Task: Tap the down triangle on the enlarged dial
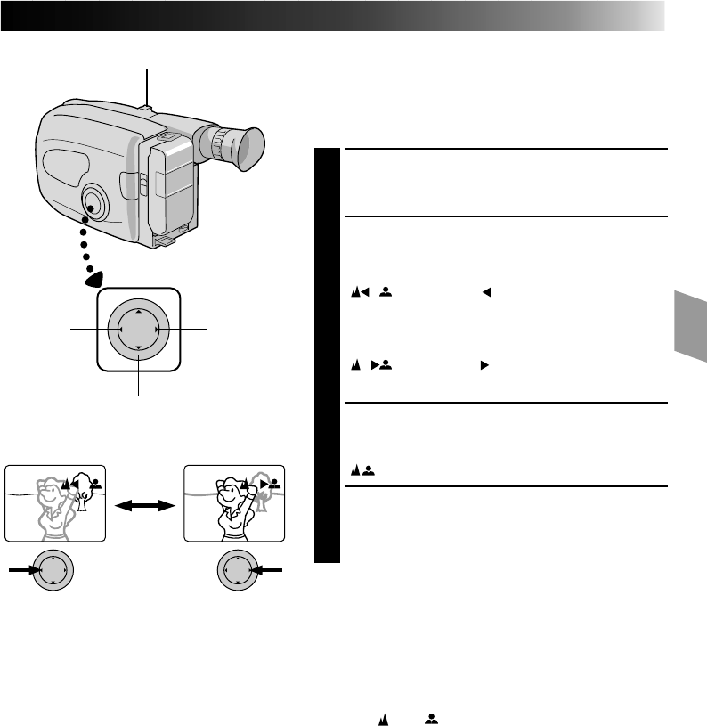138,350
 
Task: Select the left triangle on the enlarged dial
118,330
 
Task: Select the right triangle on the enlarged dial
158,330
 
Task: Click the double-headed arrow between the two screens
144,503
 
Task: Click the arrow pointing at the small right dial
271,569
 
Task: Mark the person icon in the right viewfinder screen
275,481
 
